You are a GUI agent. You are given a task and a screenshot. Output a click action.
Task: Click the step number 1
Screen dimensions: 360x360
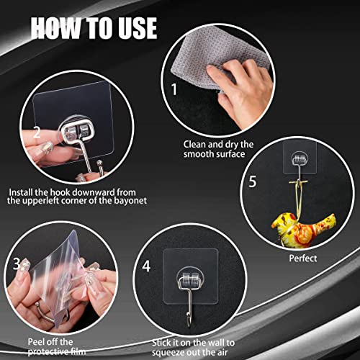pos(173,91)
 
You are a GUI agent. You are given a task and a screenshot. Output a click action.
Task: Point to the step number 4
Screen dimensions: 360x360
pos(147,266)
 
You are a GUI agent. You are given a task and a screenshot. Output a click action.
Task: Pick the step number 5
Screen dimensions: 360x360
pos(252,181)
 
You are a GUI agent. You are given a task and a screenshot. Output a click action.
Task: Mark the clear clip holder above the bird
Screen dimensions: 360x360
pos(297,160)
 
